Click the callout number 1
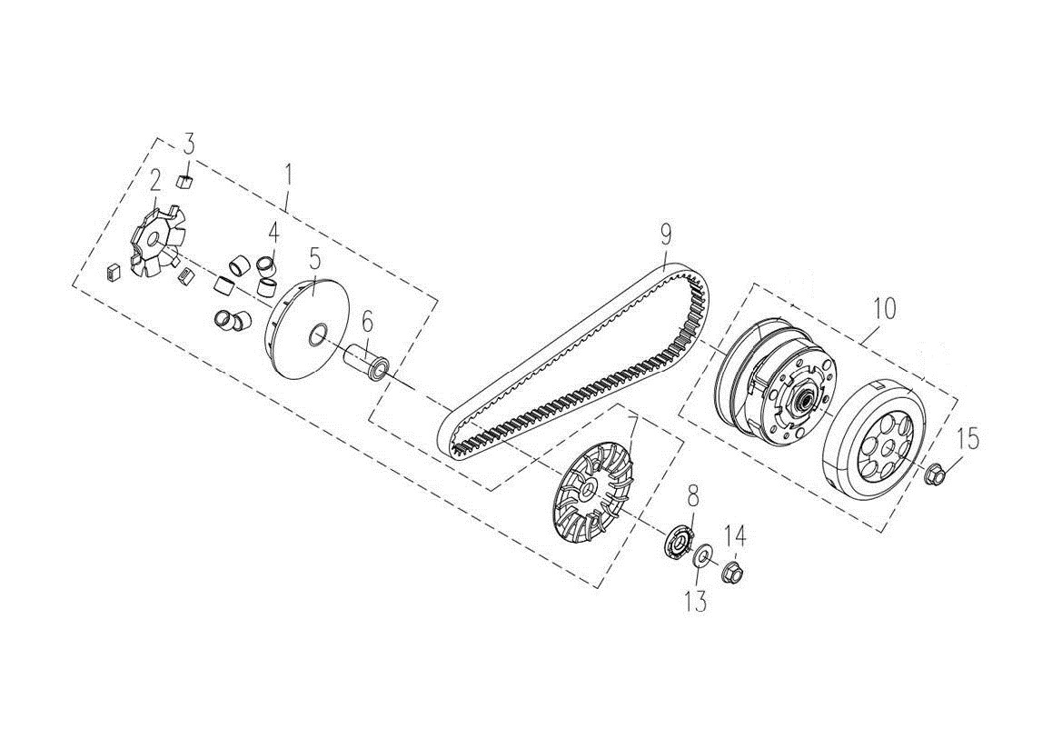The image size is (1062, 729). tap(288, 174)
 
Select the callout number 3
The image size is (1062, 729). tap(189, 144)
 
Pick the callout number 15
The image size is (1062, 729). tap(968, 440)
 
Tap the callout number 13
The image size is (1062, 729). tap(696, 601)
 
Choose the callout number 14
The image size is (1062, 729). tap(735, 537)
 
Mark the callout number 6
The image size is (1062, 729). tap(367, 321)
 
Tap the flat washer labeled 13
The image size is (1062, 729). tap(702, 556)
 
